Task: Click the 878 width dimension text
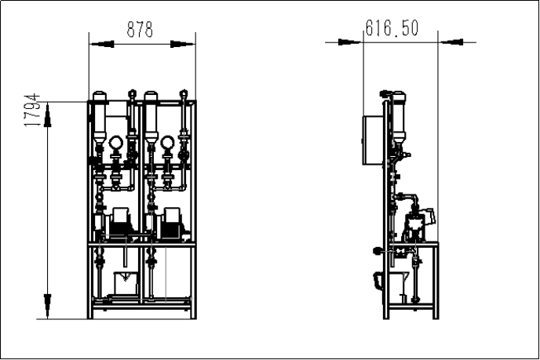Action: [140, 29]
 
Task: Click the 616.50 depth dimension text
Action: [392, 28]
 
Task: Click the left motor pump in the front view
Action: [120, 223]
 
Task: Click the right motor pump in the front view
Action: [171, 223]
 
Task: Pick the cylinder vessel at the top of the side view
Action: [398, 118]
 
